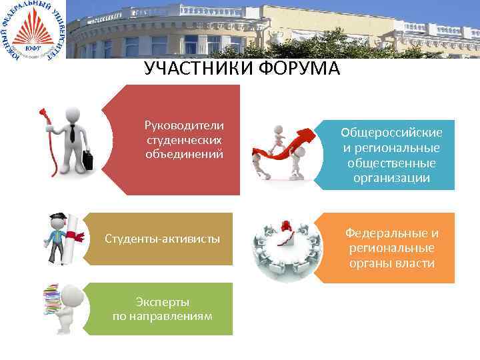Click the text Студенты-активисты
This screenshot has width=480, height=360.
[x=163, y=239]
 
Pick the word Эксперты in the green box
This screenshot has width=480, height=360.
[x=163, y=302]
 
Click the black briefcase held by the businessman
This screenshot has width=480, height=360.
[x=87, y=160]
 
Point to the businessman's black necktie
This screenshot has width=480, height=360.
[x=71, y=133]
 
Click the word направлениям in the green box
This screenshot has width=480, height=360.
[x=163, y=316]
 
